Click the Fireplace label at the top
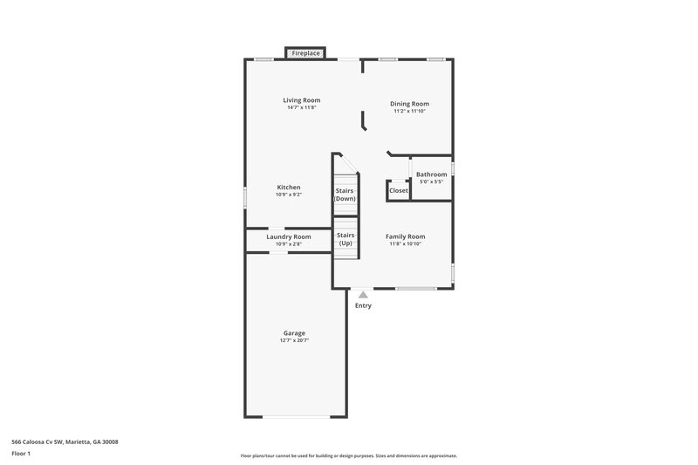[x=305, y=54]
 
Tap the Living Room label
[x=301, y=100]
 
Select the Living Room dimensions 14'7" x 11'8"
[x=301, y=107]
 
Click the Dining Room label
[x=409, y=104]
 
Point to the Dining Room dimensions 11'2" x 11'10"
[x=409, y=111]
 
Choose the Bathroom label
[x=431, y=174]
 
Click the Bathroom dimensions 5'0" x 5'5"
[x=431, y=181]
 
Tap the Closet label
[x=399, y=190]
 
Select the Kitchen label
[x=289, y=188]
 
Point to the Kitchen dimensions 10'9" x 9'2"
[x=289, y=195]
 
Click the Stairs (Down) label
[x=346, y=195]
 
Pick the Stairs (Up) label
[x=346, y=238]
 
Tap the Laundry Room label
[x=288, y=236]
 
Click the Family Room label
[x=406, y=236]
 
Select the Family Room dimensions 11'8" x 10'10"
[x=406, y=243]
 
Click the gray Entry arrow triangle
[x=363, y=296]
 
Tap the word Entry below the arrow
[x=363, y=305]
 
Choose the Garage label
[x=294, y=333]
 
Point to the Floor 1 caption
[x=22, y=454]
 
